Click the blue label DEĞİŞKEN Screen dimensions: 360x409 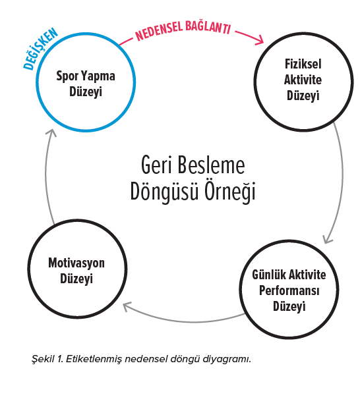pos(40,49)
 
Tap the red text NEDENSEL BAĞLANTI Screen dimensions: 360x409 pos(183,31)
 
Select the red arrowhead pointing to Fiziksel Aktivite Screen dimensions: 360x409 pos(260,40)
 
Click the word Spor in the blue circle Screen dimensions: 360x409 pos(67,76)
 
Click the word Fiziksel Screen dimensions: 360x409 pos(303,64)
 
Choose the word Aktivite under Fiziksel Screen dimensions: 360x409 pos(303,80)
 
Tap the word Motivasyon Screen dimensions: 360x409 pos(76,263)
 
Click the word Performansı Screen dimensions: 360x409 pos(289,290)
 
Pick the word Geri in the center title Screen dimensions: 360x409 pos(157,165)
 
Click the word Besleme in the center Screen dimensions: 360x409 pos(211,165)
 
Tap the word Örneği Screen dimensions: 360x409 pos(229,192)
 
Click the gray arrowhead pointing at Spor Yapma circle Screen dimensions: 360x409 pos(51,132)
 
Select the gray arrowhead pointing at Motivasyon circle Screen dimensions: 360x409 pos(127,307)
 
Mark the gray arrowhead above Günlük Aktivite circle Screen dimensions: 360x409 pos(328,240)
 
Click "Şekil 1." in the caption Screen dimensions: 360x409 pos(47,359)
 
